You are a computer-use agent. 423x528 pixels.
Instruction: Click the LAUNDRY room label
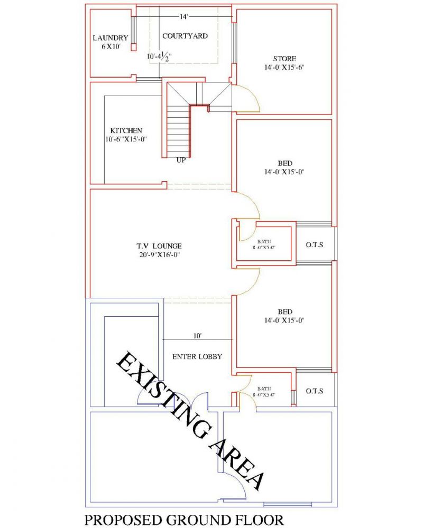pyautogui.click(x=110, y=38)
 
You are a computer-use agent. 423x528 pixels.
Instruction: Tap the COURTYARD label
pyautogui.click(x=185, y=36)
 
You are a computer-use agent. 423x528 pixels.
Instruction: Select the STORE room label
pyautogui.click(x=284, y=58)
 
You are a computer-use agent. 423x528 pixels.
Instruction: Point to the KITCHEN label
pyautogui.click(x=126, y=130)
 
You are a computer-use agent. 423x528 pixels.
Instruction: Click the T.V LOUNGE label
pyautogui.click(x=159, y=246)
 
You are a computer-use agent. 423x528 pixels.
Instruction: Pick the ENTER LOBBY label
pyautogui.click(x=197, y=356)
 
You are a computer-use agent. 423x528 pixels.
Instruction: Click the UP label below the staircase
pyautogui.click(x=181, y=161)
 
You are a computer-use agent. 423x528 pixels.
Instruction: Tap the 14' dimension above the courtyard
pyautogui.click(x=183, y=17)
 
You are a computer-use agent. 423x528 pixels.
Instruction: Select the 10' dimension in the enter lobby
pyautogui.click(x=197, y=335)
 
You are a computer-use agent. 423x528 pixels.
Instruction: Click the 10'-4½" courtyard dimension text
pyautogui.click(x=160, y=55)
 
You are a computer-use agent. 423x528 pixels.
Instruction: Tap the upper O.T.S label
pyautogui.click(x=315, y=245)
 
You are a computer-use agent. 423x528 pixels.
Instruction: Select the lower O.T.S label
pyautogui.click(x=315, y=391)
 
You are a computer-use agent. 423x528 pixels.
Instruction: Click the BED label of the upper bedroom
pyautogui.click(x=284, y=163)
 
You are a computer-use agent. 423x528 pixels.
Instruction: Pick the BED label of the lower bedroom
pyautogui.click(x=284, y=312)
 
